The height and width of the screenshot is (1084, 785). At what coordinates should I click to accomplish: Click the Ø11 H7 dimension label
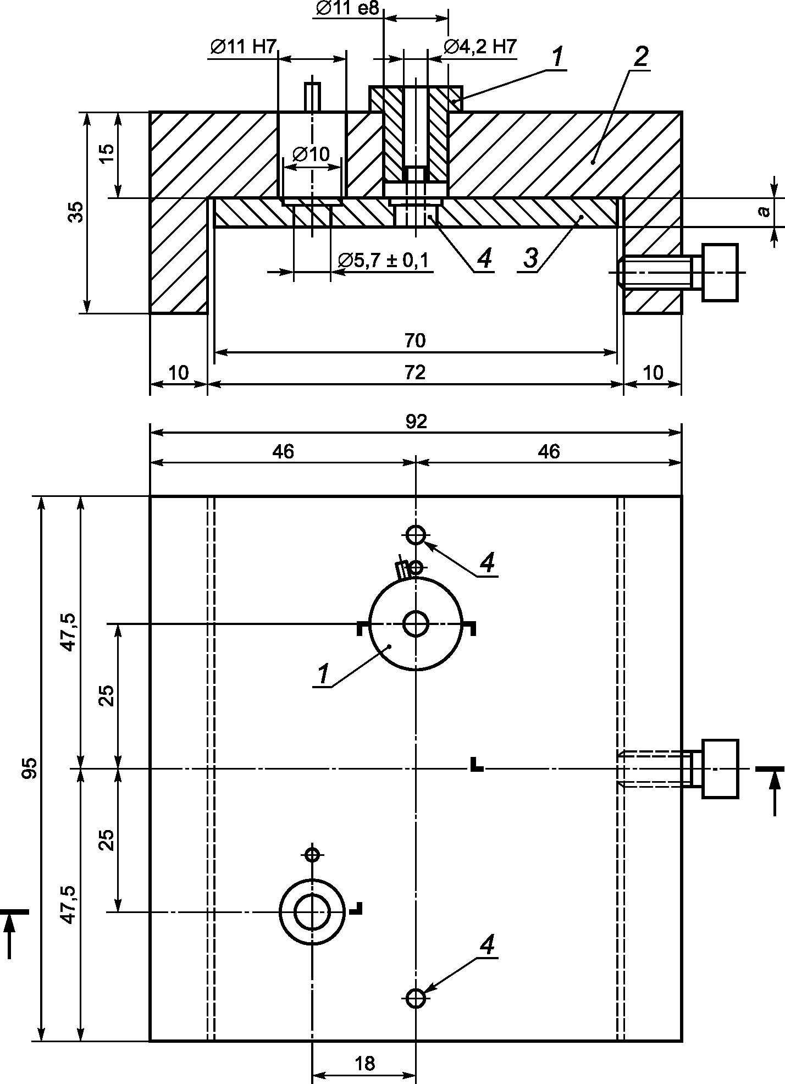[242, 47]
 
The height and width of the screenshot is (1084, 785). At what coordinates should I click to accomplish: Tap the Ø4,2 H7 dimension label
[480, 47]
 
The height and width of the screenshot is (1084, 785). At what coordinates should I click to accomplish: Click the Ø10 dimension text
[312, 154]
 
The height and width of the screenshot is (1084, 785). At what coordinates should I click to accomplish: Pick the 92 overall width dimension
[416, 421]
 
